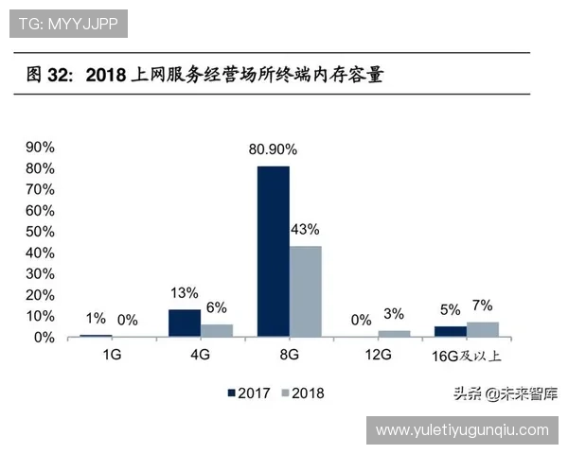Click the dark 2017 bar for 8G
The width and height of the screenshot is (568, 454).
273,252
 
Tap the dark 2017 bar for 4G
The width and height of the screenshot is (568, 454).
185,323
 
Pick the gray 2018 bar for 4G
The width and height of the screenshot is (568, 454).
217,330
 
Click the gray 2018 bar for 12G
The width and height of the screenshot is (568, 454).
394,333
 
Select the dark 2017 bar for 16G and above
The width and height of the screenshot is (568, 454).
450,331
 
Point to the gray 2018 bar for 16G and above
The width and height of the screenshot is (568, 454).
482,329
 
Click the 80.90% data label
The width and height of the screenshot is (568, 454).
273,149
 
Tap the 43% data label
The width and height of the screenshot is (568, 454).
305,230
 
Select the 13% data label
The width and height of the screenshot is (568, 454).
184,292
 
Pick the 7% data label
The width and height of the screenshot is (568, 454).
482,306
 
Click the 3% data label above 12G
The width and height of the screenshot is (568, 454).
394,314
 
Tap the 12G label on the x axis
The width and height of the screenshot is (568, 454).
377,355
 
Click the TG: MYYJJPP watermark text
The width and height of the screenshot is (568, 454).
67,24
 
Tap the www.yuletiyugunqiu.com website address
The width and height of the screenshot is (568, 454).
462,430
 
